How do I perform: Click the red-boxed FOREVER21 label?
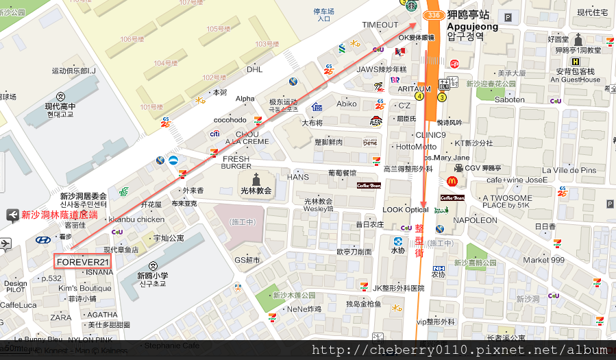83,262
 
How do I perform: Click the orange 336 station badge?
432,14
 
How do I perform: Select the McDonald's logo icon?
452,181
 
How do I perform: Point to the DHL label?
254,69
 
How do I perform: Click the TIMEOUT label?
380,25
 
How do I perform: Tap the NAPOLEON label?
476,220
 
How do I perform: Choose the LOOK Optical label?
406,210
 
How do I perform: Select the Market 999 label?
543,260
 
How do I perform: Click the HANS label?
298,177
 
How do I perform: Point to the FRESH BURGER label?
236,163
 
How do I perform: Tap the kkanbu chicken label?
136,219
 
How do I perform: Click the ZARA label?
61,317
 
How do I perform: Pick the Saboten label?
509,99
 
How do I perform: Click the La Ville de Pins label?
569,170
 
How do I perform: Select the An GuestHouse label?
571,80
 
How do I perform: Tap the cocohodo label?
230,120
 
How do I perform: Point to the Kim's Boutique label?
85,288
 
